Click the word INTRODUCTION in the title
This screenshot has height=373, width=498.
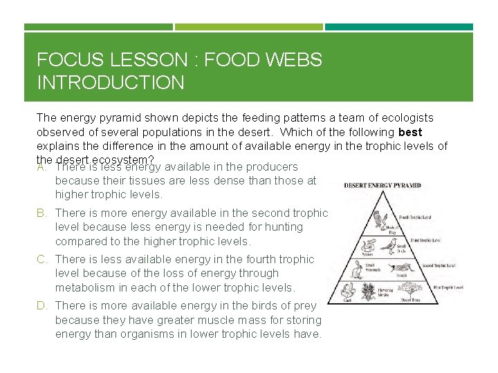pyautogui.click(x=110, y=83)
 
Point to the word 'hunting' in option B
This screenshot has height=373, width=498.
pyautogui.click(x=282, y=227)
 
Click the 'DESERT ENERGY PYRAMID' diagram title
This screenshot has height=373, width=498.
pyautogui.click(x=382, y=185)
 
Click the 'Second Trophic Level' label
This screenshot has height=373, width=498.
pyautogui.click(x=438, y=265)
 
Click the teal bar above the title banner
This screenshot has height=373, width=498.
pyautogui.click(x=399, y=27)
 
